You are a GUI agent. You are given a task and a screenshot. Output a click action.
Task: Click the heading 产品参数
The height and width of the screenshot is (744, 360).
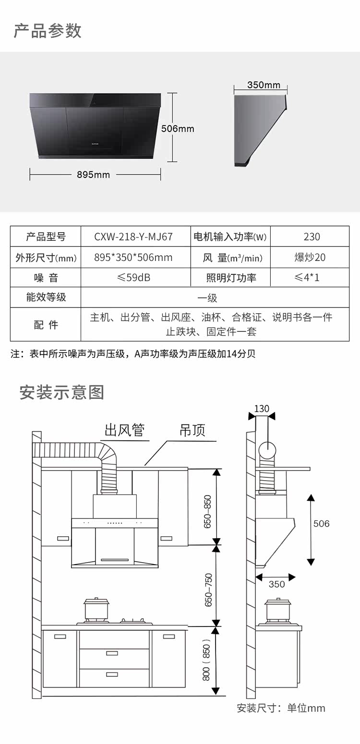coord(48,30)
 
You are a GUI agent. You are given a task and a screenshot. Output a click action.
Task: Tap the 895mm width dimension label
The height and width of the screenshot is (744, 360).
coord(93,175)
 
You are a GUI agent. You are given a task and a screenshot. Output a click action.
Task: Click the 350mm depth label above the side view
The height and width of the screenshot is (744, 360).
coord(264,85)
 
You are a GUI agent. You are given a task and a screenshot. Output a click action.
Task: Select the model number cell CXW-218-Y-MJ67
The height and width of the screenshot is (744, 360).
coord(133,236)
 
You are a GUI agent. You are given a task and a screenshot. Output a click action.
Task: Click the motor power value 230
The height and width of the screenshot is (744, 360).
coord(312,236)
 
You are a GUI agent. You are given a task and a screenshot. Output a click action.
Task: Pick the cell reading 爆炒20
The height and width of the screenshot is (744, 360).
coord(310,258)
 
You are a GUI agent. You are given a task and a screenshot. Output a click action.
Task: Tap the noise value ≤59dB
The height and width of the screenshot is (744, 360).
coord(133,278)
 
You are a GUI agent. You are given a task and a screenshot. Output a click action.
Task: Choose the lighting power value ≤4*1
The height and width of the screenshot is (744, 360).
coord(307,278)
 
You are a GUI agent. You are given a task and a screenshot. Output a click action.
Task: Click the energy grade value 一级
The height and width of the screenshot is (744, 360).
coord(207,298)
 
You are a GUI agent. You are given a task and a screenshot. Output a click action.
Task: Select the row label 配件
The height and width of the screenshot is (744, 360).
coord(46,325)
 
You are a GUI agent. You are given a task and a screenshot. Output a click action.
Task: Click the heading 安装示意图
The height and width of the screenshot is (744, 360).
coord(61,392)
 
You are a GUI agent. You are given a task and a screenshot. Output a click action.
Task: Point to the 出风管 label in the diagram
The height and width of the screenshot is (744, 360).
coord(125,430)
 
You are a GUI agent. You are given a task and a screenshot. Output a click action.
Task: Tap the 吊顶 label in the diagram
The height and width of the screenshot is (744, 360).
coord(192,430)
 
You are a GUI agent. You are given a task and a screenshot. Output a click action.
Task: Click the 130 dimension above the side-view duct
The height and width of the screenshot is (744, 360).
coord(262,409)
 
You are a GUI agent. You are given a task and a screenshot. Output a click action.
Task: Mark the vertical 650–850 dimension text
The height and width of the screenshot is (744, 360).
coord(208,511)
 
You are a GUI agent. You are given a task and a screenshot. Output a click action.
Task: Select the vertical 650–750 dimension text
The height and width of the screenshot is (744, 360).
coord(208,590)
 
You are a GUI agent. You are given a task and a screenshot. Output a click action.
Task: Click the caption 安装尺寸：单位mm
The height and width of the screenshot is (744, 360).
coord(281,708)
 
